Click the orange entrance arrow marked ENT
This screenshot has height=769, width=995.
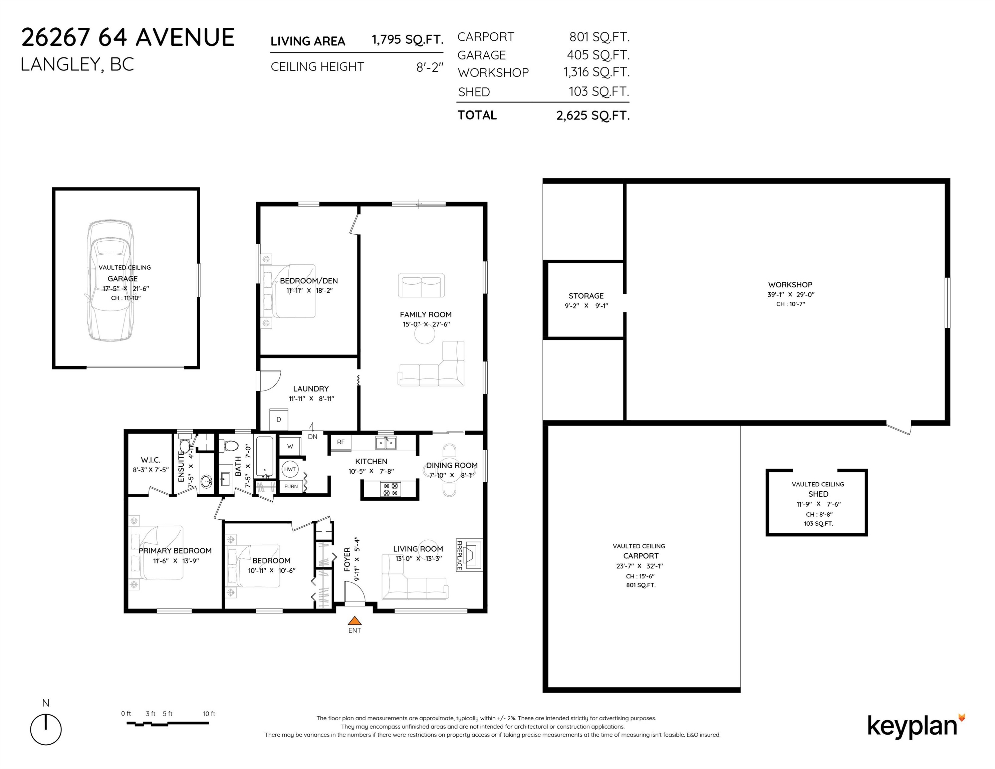click(354, 620)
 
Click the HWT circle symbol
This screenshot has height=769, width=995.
click(290, 469)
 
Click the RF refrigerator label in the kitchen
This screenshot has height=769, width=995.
click(341, 442)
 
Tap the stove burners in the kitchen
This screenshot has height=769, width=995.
click(391, 489)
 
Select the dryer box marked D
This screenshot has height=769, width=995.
click(279, 419)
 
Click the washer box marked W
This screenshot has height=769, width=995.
click(290, 446)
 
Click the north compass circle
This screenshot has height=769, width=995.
click(46, 729)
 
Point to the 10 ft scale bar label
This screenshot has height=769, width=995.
click(209, 713)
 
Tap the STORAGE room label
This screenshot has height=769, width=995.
click(586, 296)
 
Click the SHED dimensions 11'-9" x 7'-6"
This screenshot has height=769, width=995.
click(818, 504)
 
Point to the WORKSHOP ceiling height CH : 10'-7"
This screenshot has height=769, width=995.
click(790, 304)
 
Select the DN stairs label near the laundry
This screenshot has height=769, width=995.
click(312, 437)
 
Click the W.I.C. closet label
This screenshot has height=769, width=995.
click(150, 460)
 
